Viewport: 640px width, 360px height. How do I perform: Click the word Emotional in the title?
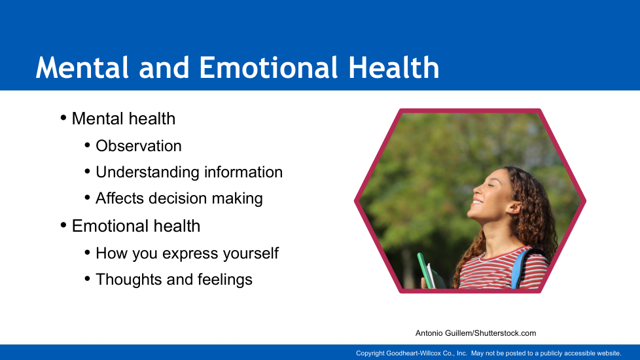click(268, 67)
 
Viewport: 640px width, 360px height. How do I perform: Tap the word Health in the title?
click(394, 67)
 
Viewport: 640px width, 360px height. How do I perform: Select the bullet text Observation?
click(138, 146)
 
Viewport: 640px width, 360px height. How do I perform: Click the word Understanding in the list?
click(147, 173)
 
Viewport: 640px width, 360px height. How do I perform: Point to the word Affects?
click(120, 198)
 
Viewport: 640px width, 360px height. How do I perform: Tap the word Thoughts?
click(128, 279)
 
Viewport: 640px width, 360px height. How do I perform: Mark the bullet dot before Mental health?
click(63, 118)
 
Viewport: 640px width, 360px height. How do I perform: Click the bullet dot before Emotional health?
click(63, 225)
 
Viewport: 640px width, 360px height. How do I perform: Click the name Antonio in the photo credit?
click(429, 333)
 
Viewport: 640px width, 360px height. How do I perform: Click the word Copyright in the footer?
click(370, 353)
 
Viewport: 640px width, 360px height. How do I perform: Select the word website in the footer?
click(609, 353)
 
